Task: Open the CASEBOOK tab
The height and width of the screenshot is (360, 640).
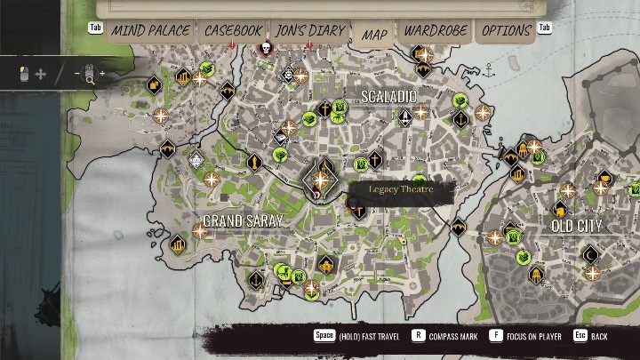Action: pos(233,30)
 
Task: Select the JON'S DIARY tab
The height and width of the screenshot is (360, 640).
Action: pos(308,30)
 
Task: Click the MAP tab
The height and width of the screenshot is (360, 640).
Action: pos(374,34)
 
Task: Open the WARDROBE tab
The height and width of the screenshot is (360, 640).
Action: pos(436,30)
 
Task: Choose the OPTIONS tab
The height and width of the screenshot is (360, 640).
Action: pos(506,30)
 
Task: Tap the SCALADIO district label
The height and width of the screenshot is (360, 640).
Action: pos(388,95)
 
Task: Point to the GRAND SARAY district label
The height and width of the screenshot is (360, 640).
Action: pos(243,220)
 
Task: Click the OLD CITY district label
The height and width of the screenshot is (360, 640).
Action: pos(576,226)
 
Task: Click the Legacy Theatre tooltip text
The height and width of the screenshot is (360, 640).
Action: pos(401,189)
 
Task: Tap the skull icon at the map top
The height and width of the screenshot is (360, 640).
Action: pos(264,48)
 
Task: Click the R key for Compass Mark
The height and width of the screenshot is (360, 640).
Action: pos(418,336)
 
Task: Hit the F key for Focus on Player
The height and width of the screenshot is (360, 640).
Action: pos(495,336)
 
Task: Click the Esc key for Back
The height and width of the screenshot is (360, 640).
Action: pos(580,336)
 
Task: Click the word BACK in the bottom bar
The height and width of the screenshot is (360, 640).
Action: pos(600,337)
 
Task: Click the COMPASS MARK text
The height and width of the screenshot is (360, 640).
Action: pos(453,337)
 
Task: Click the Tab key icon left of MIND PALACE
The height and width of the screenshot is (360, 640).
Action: pos(95,28)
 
